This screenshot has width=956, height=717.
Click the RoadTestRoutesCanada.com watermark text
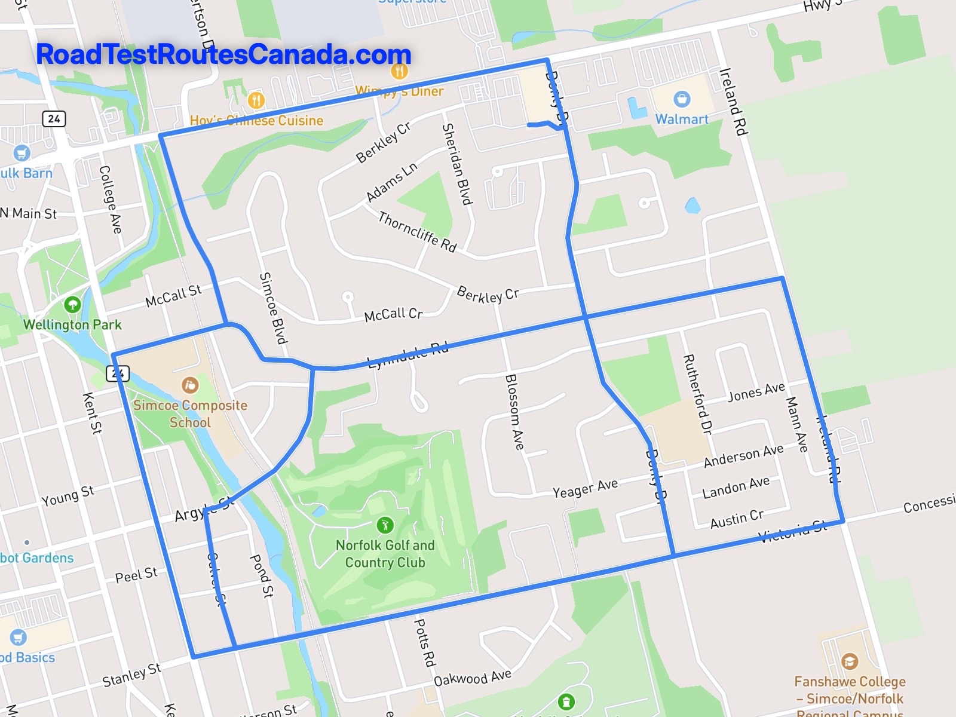223,54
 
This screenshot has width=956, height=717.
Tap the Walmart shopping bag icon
681,99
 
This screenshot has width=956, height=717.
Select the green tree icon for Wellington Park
72,305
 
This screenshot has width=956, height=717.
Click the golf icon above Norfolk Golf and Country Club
385,525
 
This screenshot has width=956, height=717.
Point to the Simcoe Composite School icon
189,385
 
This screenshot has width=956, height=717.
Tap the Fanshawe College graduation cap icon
849,661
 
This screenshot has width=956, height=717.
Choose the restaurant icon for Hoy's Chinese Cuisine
256,100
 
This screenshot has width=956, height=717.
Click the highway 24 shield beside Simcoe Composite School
117,374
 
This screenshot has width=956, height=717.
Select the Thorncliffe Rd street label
417,232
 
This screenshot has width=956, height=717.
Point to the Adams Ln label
391,182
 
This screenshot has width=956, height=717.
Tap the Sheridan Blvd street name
457,164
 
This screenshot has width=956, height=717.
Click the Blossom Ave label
514,412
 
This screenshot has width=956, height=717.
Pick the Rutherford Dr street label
697,394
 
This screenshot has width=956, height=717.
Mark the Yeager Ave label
585,489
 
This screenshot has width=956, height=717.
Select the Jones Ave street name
756,392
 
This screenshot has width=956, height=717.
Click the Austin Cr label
737,519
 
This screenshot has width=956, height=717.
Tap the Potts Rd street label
424,642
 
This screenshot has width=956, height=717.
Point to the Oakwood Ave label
473,678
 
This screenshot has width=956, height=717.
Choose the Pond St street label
262,575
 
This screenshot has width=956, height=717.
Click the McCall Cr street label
393,314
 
